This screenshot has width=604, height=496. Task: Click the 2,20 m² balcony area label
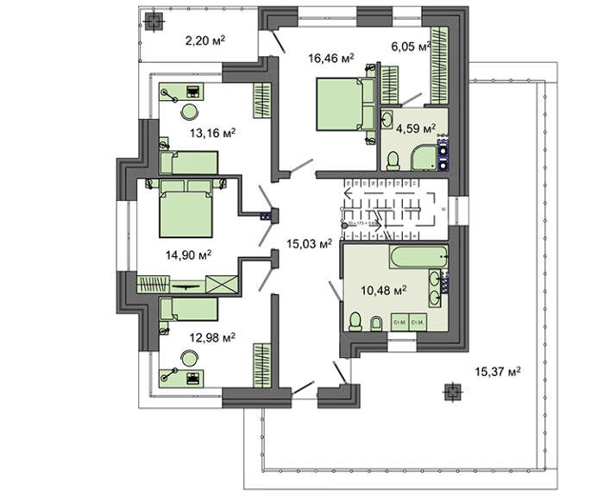pos(205,40)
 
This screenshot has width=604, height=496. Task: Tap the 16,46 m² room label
pos(329,58)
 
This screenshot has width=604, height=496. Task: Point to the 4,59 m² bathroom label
pos(416,129)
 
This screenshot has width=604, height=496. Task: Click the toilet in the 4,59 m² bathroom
pos(393,160)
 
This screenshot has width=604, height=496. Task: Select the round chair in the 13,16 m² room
pos(189,110)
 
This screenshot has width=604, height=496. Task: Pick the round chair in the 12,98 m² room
pos(189,356)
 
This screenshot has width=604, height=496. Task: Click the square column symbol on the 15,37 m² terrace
pos(450,392)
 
